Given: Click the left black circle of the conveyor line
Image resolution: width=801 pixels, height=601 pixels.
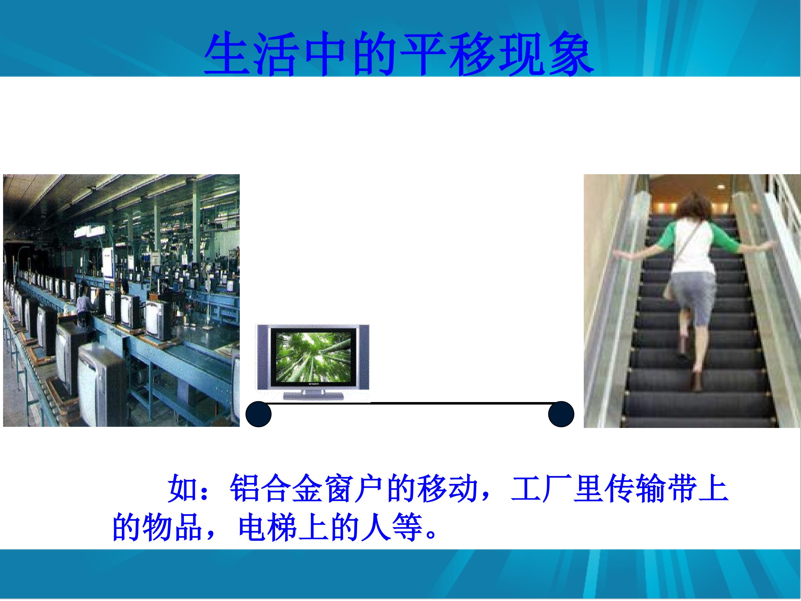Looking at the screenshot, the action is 259,414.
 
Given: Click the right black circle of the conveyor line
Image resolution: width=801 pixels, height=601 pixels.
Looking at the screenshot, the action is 561,414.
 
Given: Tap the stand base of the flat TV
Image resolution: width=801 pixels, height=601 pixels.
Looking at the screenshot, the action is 313,396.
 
